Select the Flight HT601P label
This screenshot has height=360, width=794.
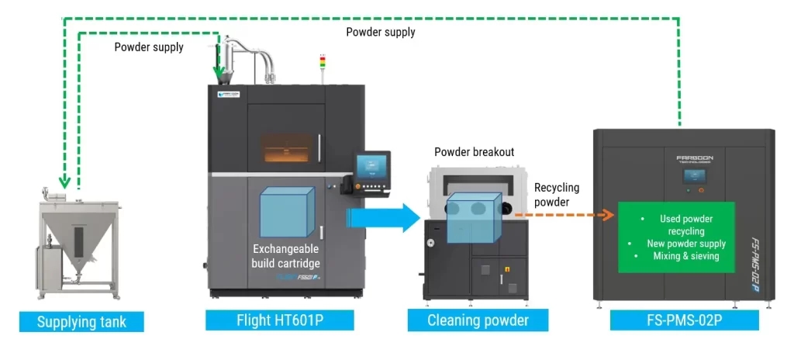[x=280, y=320]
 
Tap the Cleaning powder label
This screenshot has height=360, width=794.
[x=478, y=320]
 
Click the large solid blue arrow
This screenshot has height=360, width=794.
[x=384, y=219]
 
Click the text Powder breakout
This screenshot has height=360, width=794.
[x=474, y=152]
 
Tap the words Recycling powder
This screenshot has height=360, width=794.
[x=557, y=194]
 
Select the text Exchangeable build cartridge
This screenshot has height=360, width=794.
[x=287, y=256]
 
